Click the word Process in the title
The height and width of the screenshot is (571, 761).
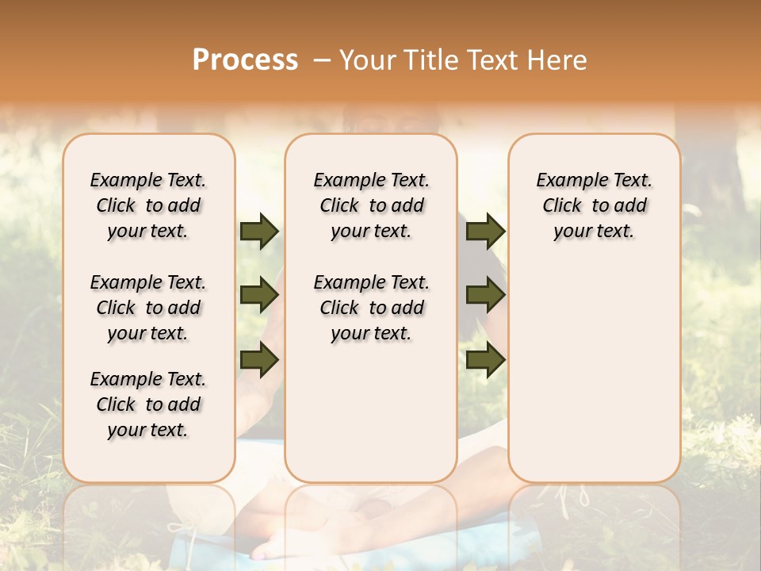(245, 60)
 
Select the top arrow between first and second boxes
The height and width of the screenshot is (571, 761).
(258, 231)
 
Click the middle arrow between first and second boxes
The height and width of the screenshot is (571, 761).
(258, 296)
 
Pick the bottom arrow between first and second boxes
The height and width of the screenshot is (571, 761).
(258, 361)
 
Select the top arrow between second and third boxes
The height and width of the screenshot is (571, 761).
(485, 231)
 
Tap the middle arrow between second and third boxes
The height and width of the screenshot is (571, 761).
(485, 296)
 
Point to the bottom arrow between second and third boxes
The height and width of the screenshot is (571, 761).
(485, 361)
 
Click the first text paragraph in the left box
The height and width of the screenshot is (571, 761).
(148, 205)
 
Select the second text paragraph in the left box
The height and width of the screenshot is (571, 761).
(148, 308)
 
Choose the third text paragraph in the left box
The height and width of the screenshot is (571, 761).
(148, 404)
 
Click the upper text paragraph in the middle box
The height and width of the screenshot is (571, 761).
(371, 205)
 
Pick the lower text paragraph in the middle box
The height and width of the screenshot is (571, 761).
(371, 308)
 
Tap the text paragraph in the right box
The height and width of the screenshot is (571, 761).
(594, 205)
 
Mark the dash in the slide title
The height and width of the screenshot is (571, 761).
(322, 60)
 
